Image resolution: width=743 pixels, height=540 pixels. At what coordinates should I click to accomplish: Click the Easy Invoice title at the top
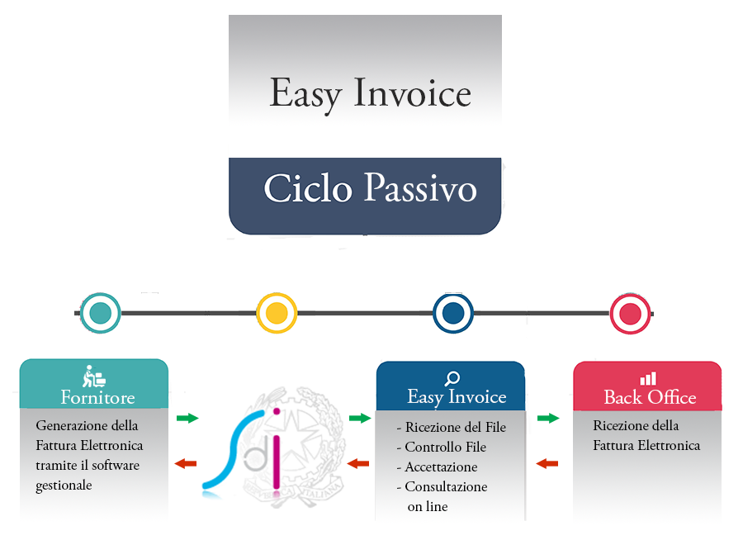pos(370,93)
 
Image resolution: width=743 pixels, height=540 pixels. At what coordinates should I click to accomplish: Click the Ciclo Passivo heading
pos(370,189)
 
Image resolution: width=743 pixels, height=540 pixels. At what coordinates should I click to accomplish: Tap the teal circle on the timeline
pos(101,313)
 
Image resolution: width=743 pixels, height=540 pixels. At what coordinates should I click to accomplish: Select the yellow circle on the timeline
pos(277,313)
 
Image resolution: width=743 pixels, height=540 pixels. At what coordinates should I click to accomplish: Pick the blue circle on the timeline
pos(452,313)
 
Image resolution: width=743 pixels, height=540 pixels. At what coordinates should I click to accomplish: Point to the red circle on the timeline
pos(630,313)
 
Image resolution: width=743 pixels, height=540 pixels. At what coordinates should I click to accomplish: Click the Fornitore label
pos(97,397)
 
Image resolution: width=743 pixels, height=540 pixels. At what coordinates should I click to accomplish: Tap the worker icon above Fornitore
pos(93,377)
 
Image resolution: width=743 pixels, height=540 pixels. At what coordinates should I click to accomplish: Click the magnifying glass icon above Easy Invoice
pos(452,379)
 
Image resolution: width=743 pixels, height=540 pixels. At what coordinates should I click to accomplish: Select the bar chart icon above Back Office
pos(648,378)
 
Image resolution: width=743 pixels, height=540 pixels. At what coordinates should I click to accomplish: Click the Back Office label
pos(650,397)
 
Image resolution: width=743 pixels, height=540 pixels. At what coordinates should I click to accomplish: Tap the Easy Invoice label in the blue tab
pos(457,397)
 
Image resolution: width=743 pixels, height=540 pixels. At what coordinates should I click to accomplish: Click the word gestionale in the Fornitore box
pos(64,486)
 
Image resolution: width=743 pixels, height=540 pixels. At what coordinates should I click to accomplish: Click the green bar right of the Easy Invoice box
pos(548,418)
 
